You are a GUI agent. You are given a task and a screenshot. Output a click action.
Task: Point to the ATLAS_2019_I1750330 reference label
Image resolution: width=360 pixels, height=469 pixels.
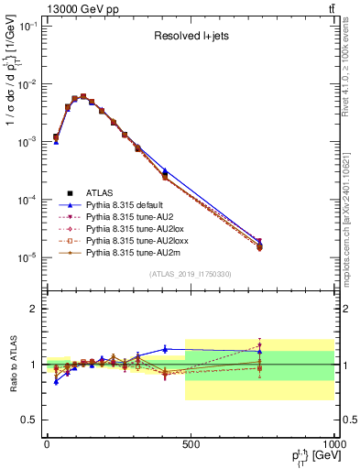pyautogui.click(x=190, y=274)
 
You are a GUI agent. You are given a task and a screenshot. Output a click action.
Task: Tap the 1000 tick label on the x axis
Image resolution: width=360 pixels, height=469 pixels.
pyautogui.click(x=332, y=444)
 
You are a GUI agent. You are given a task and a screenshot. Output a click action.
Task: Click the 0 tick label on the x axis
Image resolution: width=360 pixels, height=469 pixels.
pyautogui.click(x=47, y=444)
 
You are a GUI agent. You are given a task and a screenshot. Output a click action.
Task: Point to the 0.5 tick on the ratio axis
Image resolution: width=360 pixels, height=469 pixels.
pyautogui.click(x=31, y=420)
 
